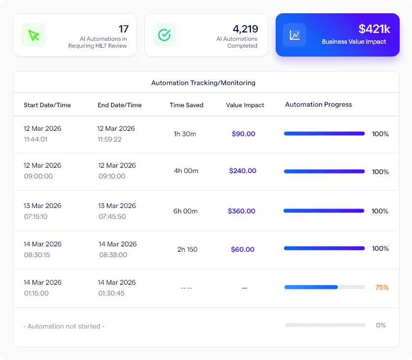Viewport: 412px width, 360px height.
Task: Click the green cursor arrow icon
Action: [x=33, y=35]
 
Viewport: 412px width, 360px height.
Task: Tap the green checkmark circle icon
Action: [x=164, y=35]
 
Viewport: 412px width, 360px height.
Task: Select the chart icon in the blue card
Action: [x=294, y=35]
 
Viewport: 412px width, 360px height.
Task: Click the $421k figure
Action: [x=372, y=29]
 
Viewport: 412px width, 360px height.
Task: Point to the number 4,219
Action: [x=245, y=29]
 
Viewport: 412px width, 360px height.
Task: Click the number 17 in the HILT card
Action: [x=124, y=29]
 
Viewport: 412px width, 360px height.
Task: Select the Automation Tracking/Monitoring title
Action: [x=203, y=83]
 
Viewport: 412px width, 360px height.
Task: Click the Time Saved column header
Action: [x=187, y=105]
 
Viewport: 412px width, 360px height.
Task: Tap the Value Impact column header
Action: [x=245, y=105]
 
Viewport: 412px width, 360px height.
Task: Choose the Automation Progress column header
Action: [x=318, y=104]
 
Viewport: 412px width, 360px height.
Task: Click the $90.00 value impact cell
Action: [x=244, y=134]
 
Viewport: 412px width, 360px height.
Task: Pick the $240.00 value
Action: [x=243, y=171]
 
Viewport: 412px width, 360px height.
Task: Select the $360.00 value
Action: [x=242, y=211]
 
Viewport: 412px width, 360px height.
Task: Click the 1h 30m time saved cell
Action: [x=185, y=134]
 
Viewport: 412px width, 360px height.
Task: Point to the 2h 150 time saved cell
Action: [x=188, y=249]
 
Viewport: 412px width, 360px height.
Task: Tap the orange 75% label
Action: [x=382, y=287]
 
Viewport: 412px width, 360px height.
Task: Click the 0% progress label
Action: [x=381, y=325]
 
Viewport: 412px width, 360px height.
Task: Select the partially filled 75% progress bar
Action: [x=324, y=287]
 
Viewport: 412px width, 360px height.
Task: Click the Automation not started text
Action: [x=64, y=326]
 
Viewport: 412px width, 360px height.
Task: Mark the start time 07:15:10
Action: [x=35, y=216]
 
